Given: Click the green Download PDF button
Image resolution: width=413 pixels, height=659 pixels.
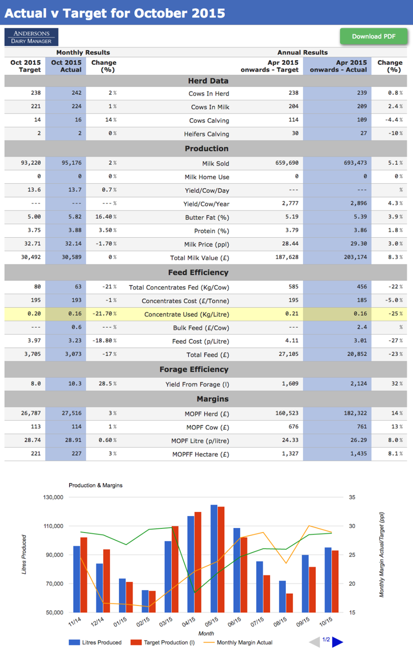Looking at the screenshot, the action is (374, 36).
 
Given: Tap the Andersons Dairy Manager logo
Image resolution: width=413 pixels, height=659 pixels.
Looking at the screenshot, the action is (31, 37).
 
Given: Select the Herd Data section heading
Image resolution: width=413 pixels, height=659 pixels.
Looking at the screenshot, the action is (208, 81).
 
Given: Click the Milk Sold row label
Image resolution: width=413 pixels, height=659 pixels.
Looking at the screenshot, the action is (215, 164).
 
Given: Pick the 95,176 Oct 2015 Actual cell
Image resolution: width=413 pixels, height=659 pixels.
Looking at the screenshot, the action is (71, 163).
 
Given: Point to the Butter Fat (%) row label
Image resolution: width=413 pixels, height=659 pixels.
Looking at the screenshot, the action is (207, 218).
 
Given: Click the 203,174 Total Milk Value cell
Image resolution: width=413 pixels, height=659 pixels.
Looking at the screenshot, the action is (355, 257).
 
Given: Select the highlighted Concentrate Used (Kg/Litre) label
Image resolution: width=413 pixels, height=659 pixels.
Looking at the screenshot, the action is (187, 314).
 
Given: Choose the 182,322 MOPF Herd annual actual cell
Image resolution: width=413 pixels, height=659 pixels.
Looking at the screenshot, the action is (355, 413).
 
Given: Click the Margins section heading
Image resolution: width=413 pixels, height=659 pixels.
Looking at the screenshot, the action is (212, 399).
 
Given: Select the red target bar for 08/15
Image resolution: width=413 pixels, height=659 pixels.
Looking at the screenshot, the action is (290, 603).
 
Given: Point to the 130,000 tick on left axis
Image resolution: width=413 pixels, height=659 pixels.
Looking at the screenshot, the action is (53, 497).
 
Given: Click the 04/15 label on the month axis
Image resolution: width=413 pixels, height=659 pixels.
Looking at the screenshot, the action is (189, 622).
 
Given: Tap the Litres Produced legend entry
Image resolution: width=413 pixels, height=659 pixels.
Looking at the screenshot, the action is (95, 642).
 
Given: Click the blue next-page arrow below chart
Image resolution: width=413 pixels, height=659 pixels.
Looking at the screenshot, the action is (337, 642).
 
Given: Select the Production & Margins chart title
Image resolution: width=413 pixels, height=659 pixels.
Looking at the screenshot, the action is (95, 485).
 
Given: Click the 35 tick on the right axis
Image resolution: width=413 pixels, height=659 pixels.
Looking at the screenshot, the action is (352, 497).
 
